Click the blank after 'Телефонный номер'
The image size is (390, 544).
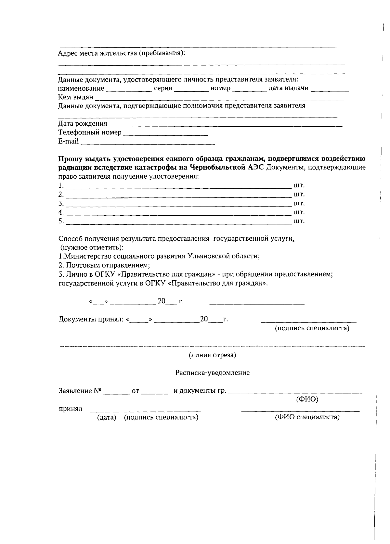(x=166, y=133)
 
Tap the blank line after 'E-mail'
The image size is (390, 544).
(x=148, y=142)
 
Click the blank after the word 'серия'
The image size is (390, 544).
(x=191, y=89)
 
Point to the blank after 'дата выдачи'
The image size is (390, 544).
(x=330, y=89)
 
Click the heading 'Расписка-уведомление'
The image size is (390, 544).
(x=212, y=373)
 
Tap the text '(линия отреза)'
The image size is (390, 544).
(x=212, y=355)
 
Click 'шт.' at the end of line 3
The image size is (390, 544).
(x=299, y=204)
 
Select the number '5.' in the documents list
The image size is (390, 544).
(x=61, y=221)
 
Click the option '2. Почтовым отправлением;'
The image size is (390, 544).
(x=104, y=265)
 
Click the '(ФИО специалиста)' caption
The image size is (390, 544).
(x=307, y=417)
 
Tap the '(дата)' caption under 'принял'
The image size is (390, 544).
(x=107, y=417)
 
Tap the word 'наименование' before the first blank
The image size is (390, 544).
(x=81, y=88)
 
